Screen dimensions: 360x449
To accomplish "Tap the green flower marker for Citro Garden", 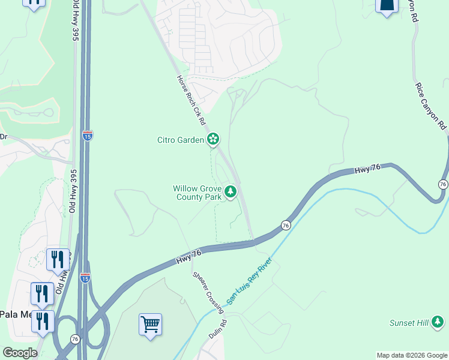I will [x=212, y=140].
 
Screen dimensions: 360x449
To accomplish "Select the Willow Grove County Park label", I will [x=197, y=193].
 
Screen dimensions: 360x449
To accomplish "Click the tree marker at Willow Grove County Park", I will [x=231, y=193].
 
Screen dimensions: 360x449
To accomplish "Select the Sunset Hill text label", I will [x=409, y=323].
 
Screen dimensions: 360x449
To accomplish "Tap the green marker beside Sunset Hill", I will [x=439, y=323].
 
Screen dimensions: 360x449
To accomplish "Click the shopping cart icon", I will [x=150, y=325].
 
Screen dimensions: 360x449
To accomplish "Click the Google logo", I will [x=19, y=353].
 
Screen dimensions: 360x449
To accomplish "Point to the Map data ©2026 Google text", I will [x=412, y=355].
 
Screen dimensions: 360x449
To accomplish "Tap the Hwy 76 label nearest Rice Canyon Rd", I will [x=367, y=170].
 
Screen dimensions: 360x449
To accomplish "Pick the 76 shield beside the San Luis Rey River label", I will [x=286, y=225].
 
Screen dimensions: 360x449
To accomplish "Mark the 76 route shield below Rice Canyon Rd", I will [x=443, y=184].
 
